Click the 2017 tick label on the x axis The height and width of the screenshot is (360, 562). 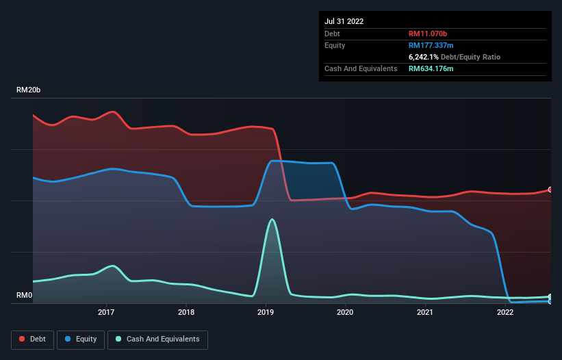pyautogui.click(x=106, y=312)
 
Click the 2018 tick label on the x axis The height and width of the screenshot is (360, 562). pyautogui.click(x=186, y=312)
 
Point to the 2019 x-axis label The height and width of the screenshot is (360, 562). pyautogui.click(x=266, y=312)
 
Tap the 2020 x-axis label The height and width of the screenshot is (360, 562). pyautogui.click(x=345, y=312)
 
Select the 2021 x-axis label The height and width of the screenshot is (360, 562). pyautogui.click(x=425, y=312)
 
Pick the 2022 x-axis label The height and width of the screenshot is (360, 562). pyautogui.click(x=505, y=312)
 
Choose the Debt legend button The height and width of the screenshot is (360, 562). pyautogui.click(x=32, y=339)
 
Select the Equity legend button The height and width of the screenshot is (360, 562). pyautogui.click(x=81, y=339)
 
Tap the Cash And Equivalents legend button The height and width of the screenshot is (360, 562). pyautogui.click(x=157, y=339)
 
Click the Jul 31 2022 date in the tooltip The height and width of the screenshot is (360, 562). pyautogui.click(x=344, y=21)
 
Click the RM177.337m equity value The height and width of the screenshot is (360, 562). pyautogui.click(x=431, y=45)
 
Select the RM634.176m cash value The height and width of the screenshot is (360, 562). pyautogui.click(x=431, y=68)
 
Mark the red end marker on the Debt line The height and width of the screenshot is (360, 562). pyautogui.click(x=550, y=190)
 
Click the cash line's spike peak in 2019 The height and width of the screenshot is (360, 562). pyautogui.click(x=272, y=220)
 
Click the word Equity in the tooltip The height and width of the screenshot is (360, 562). pyautogui.click(x=335, y=45)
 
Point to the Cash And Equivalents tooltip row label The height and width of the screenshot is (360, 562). pyautogui.click(x=361, y=68)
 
